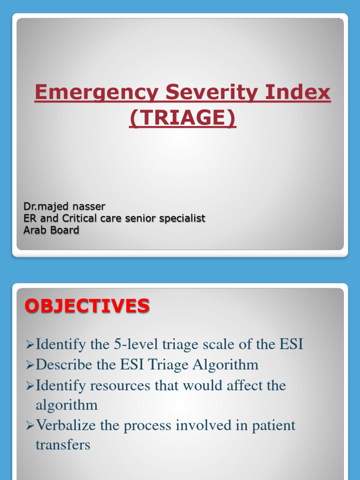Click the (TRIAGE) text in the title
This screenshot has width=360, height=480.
[182, 118]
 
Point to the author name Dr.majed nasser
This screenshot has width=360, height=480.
[64, 206]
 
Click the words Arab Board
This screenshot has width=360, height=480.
[51, 230]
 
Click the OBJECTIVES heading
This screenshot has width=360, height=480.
[87, 306]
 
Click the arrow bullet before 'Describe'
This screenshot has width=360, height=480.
[30, 365]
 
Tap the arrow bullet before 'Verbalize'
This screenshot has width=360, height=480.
[30, 426]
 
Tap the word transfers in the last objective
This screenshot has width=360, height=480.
[63, 445]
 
